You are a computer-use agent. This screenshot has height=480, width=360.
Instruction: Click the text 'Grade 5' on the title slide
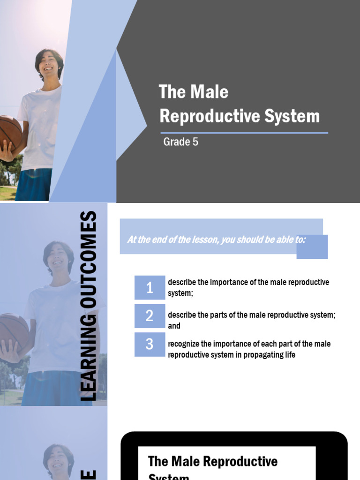[180, 142]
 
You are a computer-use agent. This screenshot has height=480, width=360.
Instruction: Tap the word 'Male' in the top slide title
[210, 92]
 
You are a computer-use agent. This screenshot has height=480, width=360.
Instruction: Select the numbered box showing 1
[150, 287]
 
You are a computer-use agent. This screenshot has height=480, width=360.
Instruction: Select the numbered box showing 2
[150, 316]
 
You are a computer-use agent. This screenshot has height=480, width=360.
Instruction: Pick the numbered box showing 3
[150, 345]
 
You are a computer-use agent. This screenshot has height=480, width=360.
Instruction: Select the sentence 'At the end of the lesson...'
[216, 240]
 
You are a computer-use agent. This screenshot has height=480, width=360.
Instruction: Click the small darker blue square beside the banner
[312, 247]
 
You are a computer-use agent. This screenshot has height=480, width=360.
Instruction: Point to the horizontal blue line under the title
[244, 133]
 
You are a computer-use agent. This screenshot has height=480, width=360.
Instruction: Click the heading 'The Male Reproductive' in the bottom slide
[212, 461]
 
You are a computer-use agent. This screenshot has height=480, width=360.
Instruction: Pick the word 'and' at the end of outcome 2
[174, 326]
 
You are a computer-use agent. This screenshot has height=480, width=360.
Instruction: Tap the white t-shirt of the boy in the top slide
[40, 127]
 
